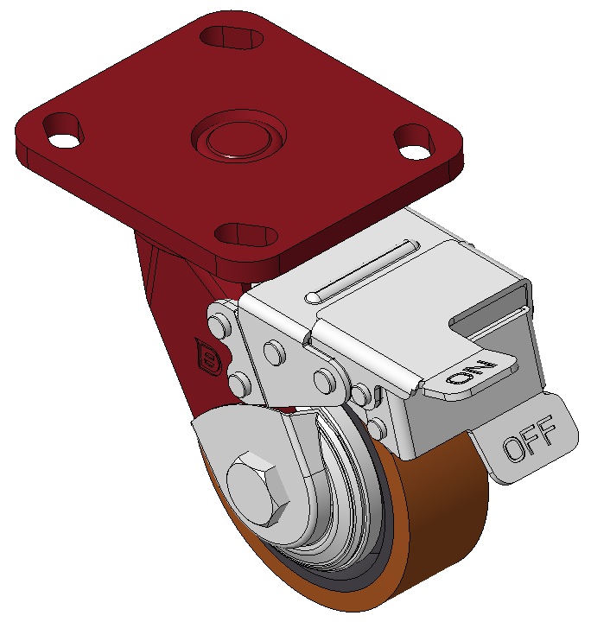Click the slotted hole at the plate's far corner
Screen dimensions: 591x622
[232, 37]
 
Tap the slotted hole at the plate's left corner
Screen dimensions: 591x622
[63, 130]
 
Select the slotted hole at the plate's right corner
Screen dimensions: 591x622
[414, 142]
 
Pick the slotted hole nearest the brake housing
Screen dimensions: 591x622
[246, 234]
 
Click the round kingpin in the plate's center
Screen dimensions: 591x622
[238, 136]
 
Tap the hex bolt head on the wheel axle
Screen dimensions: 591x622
[257, 489]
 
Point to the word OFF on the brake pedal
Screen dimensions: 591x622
[530, 438]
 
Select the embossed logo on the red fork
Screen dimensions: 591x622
[208, 357]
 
